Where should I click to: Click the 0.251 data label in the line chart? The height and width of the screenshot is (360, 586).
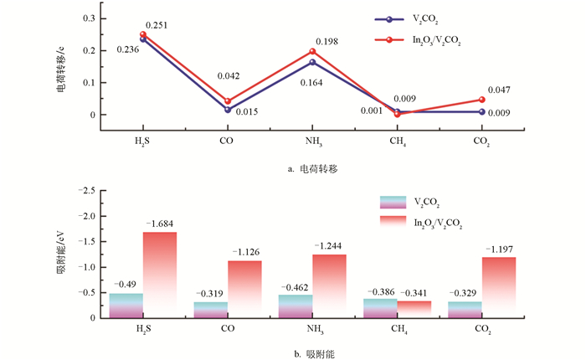(x=157, y=26)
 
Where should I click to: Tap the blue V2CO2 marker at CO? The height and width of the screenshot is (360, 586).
(x=227, y=110)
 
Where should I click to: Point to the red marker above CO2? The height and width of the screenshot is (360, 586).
(x=481, y=100)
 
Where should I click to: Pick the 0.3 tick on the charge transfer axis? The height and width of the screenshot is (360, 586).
(x=90, y=18)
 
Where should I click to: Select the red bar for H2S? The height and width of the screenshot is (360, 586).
(x=159, y=275)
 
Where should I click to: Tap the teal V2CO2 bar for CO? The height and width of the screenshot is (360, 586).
(x=210, y=309)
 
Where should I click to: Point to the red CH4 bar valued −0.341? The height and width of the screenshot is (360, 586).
(x=414, y=307)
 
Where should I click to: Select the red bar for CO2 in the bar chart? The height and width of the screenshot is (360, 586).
(x=498, y=287)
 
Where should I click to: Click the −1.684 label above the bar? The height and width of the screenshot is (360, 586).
(x=159, y=224)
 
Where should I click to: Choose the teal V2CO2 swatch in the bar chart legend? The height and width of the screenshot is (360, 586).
(x=392, y=202)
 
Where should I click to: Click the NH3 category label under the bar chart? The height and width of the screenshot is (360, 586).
(x=313, y=328)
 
